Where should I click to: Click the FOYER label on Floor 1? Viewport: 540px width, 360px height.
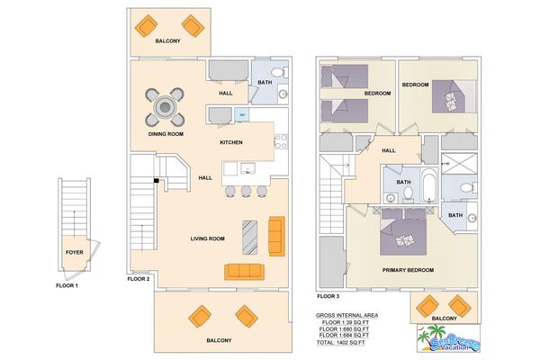(75, 253)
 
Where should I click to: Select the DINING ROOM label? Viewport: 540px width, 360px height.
(166, 134)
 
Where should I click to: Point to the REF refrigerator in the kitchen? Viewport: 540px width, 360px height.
(241, 114)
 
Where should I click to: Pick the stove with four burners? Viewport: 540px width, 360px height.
(280, 141)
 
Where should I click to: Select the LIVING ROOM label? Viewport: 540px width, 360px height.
(207, 238)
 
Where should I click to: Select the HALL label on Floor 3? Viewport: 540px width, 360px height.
(389, 151)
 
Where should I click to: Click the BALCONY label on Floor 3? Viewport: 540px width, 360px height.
(443, 318)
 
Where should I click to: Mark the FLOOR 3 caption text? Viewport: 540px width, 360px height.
(330, 294)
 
